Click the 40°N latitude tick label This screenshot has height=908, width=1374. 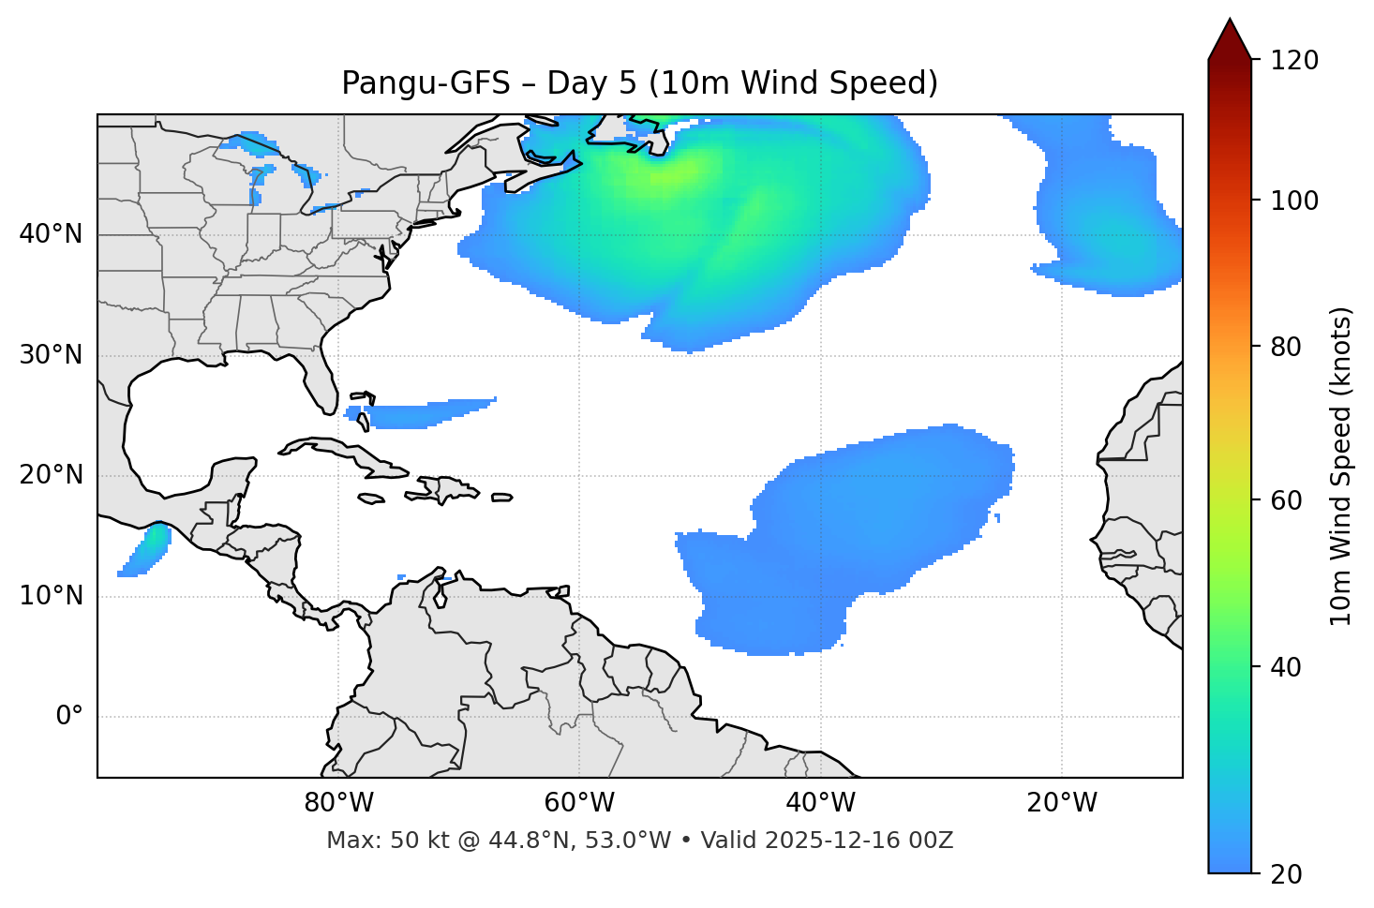coord(51,234)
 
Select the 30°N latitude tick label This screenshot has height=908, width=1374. coord(51,355)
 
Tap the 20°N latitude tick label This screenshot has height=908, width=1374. coord(51,475)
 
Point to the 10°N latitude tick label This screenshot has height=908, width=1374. coord(51,596)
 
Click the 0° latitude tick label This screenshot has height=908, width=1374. coord(69,717)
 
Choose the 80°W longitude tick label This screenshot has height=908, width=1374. coord(338,803)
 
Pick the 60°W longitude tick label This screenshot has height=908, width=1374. coord(579,803)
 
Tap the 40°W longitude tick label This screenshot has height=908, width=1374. coord(820,803)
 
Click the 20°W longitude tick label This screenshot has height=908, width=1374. coord(1062,803)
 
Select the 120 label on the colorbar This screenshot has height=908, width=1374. coord(1294,60)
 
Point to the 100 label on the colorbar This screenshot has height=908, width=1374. coord(1294,201)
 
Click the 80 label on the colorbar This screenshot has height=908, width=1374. coord(1286,347)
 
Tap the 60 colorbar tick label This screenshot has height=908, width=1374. coord(1286,500)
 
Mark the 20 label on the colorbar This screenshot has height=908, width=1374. coord(1286,874)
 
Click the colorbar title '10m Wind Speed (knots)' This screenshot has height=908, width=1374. coord(1341,466)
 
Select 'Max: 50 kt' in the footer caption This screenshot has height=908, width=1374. coord(369,841)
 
